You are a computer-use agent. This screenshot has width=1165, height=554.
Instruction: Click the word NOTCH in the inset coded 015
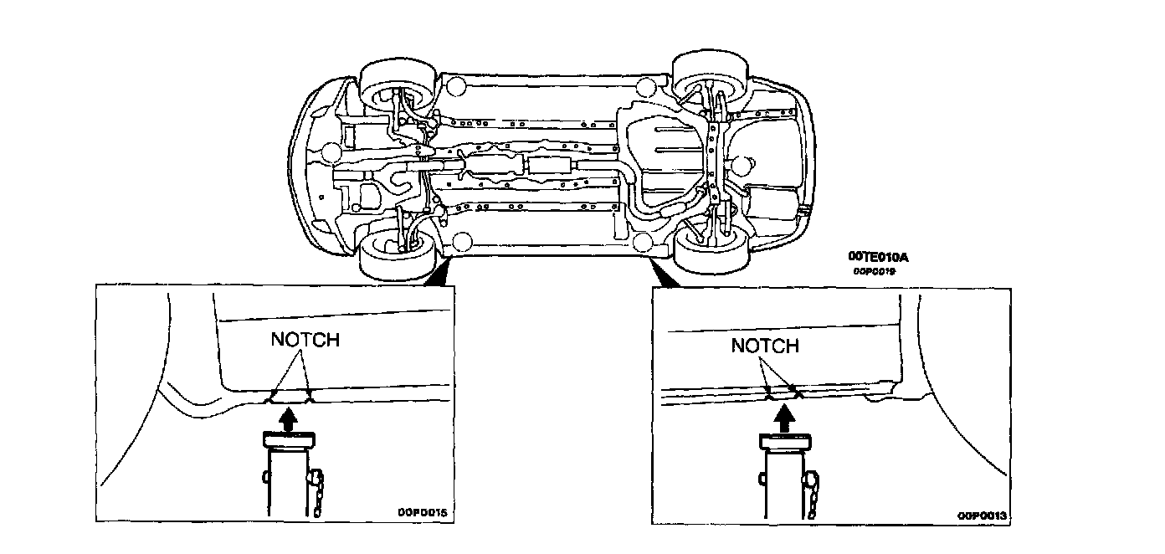tap(305, 340)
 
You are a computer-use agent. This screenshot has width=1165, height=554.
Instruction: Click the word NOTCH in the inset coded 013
tap(765, 346)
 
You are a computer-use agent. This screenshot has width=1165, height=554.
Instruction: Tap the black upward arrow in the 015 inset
tap(288, 418)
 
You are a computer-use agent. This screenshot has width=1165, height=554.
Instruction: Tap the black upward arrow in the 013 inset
tap(785, 418)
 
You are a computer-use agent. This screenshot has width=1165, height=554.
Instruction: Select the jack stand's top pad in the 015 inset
tap(288, 439)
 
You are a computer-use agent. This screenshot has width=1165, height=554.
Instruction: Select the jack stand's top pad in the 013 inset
tap(785, 440)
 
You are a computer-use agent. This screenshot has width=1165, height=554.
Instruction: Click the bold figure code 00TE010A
tap(877, 258)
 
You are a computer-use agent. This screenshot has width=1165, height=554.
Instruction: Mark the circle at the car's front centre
tap(331, 152)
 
